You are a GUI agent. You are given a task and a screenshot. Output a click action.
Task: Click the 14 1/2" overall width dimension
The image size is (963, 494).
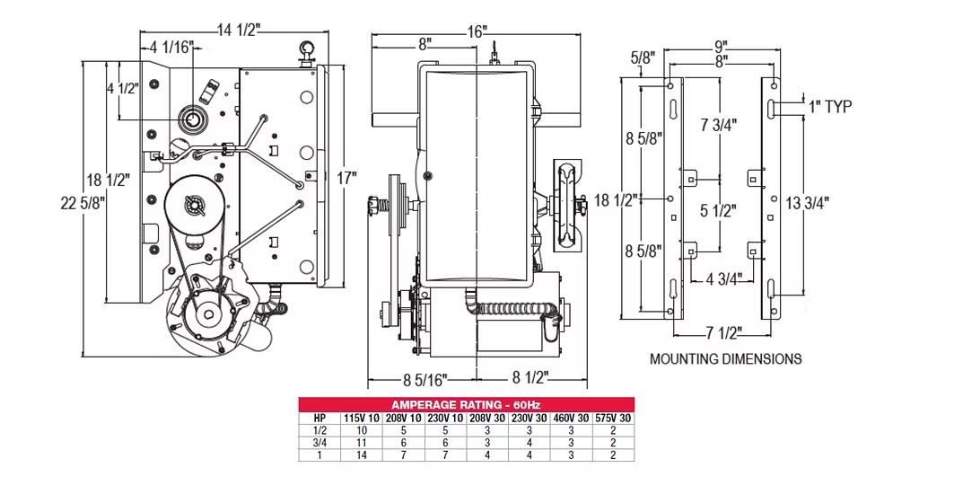click(x=238, y=31)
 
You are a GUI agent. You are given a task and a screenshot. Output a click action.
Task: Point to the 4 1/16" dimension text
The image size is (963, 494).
click(x=171, y=49)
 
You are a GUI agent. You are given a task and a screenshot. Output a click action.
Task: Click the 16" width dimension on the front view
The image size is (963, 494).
click(x=477, y=31)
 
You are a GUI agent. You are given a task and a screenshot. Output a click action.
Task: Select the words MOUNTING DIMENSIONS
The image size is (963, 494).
click(x=725, y=358)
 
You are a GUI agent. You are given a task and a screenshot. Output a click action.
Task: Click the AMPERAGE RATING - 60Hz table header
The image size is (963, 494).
click(x=466, y=404)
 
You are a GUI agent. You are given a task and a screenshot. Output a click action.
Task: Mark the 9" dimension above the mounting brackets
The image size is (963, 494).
click(x=720, y=45)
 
